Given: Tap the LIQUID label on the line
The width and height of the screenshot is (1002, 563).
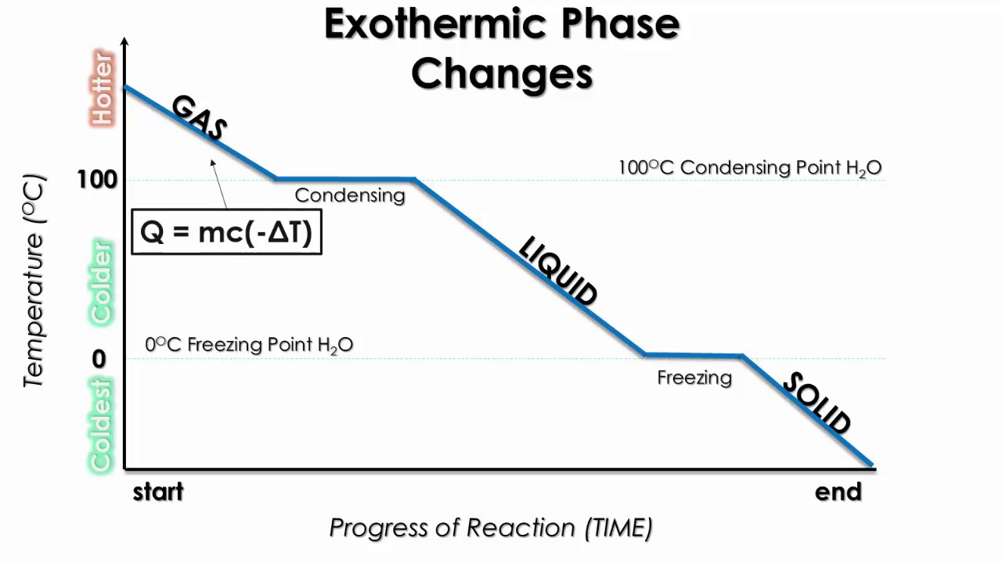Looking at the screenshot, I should (x=557, y=271).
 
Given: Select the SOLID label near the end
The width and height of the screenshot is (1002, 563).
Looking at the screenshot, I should (x=816, y=403).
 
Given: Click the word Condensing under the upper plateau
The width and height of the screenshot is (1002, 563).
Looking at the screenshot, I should (x=349, y=195).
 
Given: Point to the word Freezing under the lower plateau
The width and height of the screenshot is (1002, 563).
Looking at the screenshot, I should (x=694, y=378).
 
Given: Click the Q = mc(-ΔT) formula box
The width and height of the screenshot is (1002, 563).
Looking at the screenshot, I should (x=226, y=231).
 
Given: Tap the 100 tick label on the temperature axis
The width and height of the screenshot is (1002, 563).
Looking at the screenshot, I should (x=97, y=180).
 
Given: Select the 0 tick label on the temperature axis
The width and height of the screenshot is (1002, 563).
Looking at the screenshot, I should (x=99, y=359).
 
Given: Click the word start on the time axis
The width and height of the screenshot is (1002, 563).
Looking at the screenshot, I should (x=158, y=492).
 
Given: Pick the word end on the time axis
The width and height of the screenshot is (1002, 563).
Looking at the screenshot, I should (x=838, y=492).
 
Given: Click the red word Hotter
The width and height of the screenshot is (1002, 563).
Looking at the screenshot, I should (x=103, y=88).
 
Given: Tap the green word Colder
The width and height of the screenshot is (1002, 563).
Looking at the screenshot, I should (x=103, y=283).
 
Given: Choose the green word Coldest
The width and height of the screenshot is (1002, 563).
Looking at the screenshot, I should (x=103, y=425).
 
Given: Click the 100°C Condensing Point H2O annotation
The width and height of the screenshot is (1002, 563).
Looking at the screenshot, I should (x=749, y=167).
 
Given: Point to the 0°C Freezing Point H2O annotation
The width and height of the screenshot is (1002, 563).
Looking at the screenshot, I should (x=249, y=344).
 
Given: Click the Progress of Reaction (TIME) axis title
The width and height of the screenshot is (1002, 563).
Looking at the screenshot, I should (x=491, y=528).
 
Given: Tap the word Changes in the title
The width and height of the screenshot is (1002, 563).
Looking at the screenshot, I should (x=502, y=74).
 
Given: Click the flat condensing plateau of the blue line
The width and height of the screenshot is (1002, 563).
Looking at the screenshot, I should (x=345, y=180).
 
